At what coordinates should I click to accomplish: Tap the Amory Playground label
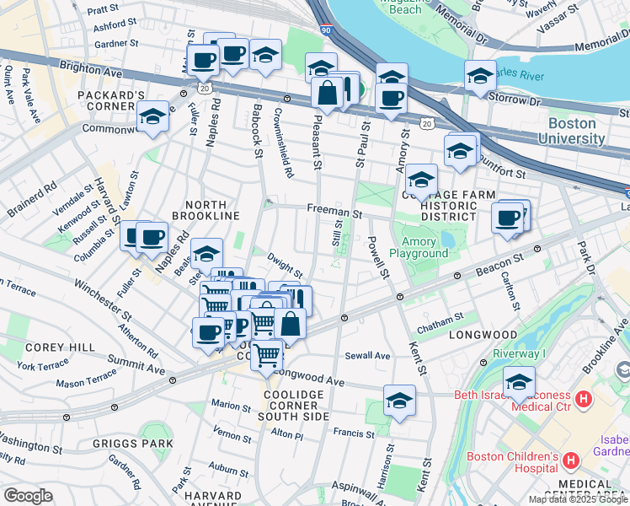pos(419,247)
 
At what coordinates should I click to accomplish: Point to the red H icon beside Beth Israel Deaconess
pos(582,398)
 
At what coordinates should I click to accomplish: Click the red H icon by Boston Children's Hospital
pos(571,460)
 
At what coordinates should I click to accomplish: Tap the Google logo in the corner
pos(27,496)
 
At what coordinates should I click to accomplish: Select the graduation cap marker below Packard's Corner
pos(152,119)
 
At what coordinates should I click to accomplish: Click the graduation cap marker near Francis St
pos(399,401)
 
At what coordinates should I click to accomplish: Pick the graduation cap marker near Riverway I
pos(519,382)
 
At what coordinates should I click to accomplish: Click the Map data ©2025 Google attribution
pos(578,499)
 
